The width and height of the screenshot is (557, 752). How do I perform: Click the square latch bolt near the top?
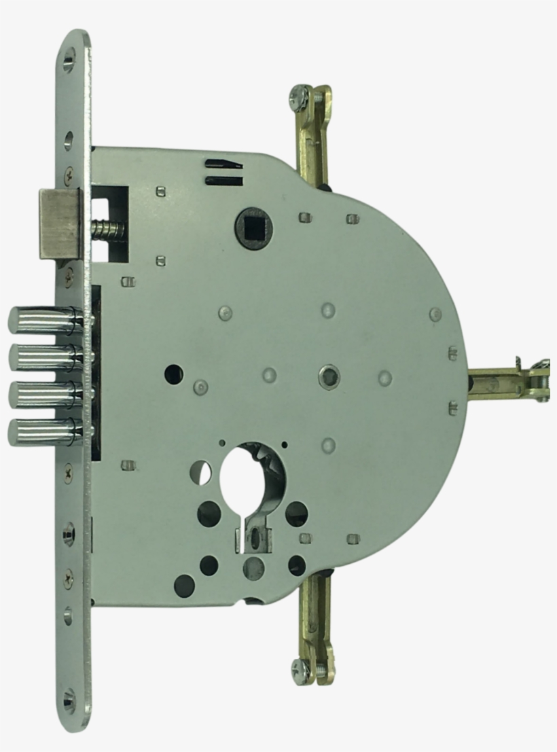tap(60, 223)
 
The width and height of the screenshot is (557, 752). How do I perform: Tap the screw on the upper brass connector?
tap(300, 96)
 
